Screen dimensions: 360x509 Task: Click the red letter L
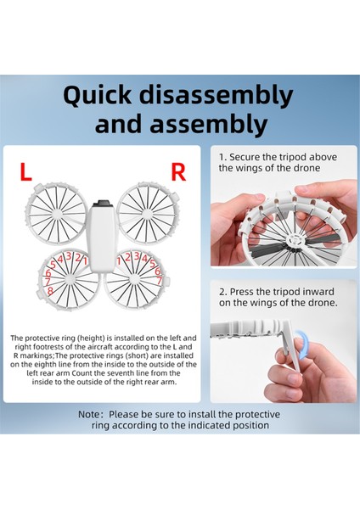pos(25,172)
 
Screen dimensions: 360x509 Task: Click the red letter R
pos(178,172)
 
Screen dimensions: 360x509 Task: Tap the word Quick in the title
pos(98,96)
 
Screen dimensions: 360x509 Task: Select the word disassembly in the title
pos(217,96)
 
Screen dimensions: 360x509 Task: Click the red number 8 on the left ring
pos(50,290)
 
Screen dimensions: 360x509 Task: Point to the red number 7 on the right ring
pos(160,280)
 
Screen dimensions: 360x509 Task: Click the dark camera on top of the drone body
pos(103,204)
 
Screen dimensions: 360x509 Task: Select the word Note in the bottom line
pos(89,415)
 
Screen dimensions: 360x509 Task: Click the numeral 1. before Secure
pos(222,158)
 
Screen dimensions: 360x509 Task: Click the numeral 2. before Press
pos(222,292)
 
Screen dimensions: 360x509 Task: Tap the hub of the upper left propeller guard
pos(57,213)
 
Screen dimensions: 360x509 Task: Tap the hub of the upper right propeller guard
pos(147,214)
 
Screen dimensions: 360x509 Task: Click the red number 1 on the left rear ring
pos(85,260)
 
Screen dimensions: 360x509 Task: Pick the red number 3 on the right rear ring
pos(137,256)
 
